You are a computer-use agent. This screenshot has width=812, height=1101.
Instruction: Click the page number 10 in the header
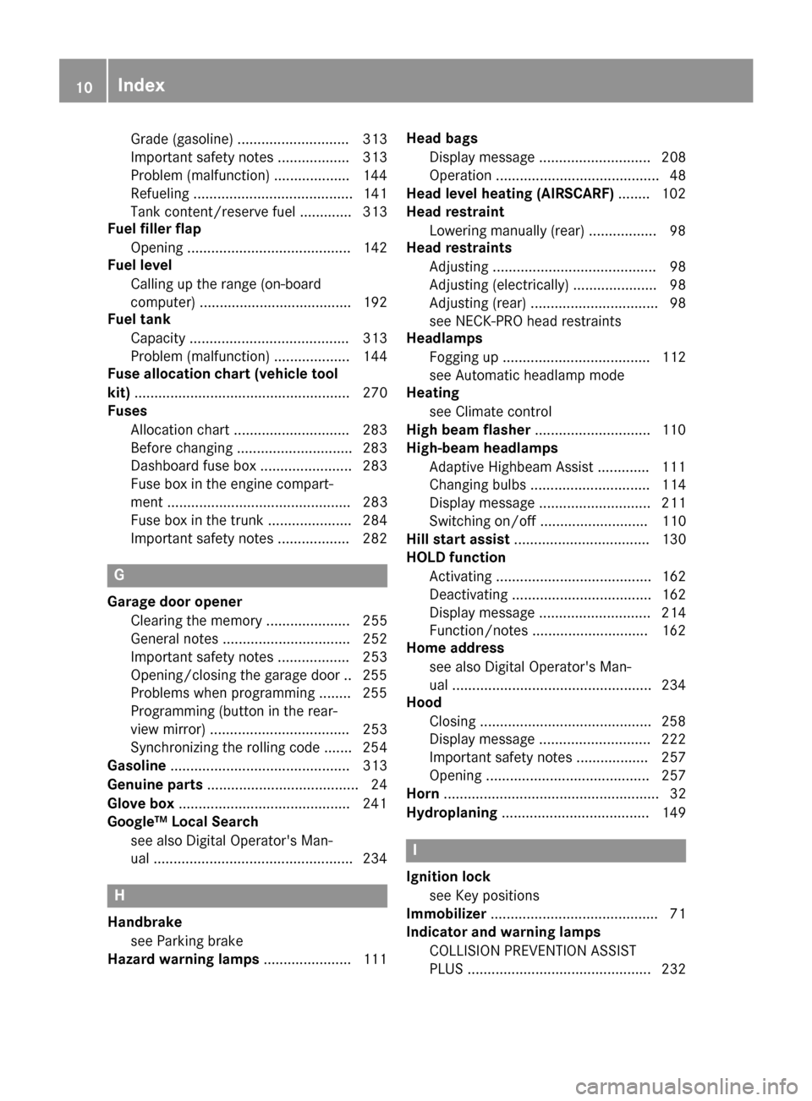83,86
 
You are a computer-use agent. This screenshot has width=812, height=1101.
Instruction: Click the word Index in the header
141,85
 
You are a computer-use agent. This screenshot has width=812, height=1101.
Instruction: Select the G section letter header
119,575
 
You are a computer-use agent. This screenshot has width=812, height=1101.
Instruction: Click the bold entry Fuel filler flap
154,228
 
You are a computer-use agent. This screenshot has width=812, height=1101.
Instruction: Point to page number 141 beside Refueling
375,194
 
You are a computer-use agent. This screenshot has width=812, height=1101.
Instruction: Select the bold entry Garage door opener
174,602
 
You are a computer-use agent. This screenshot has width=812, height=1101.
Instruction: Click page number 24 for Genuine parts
379,785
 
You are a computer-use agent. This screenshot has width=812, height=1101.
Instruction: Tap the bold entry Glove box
140,803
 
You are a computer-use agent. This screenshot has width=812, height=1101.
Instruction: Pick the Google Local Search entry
183,821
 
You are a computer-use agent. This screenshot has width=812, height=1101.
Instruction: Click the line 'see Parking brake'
186,940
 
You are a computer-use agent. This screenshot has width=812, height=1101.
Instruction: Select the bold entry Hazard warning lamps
184,959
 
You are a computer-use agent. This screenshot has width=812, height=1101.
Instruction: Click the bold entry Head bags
442,138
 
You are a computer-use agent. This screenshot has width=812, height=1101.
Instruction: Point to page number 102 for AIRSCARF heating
673,194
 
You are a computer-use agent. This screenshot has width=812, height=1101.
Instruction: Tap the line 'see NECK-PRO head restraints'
524,320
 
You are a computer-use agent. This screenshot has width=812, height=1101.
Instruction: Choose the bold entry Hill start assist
458,540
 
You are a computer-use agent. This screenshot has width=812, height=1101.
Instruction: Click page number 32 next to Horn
678,794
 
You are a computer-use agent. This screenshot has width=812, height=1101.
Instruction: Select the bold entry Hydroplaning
452,813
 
